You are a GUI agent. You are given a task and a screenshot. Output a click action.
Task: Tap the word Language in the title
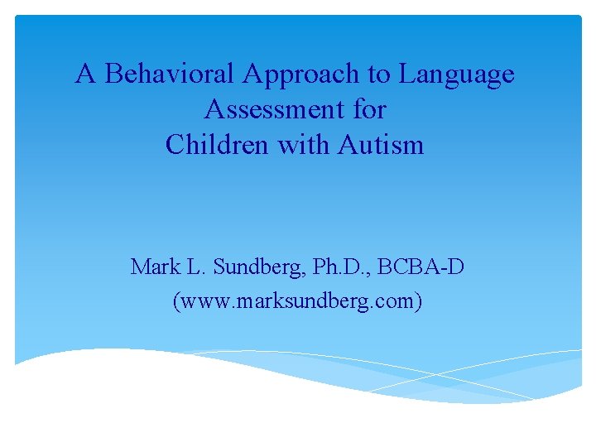[456, 74]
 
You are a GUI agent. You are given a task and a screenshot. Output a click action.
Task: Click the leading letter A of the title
[84, 74]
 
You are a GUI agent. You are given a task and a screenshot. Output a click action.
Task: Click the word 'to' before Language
[379, 74]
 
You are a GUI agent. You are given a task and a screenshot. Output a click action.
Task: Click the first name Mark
[151, 267]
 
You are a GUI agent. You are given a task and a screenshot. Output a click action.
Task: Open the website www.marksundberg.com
[297, 301]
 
